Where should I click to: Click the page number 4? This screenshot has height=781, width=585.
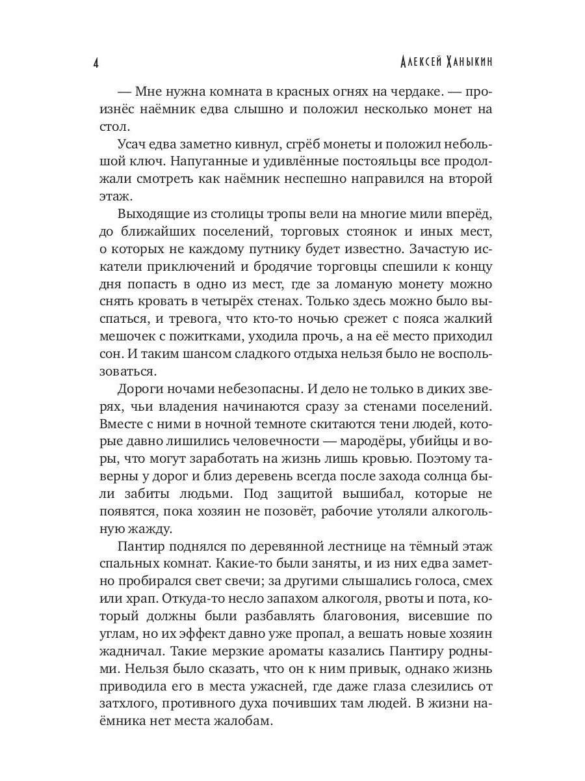point(96,64)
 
